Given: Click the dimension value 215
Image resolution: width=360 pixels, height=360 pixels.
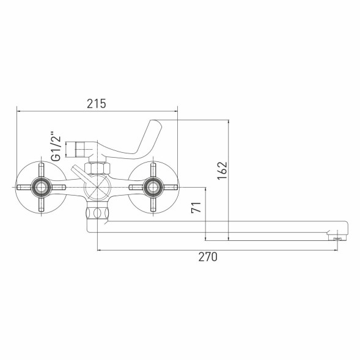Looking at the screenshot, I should click(96, 104).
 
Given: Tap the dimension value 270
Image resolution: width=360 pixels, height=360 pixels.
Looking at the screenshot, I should click(208, 257).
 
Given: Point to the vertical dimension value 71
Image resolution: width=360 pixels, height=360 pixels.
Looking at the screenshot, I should click(196, 207).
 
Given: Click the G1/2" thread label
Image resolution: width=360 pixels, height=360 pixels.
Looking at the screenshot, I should click(56, 147).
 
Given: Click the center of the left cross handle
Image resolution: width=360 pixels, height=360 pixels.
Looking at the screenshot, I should click(42, 187).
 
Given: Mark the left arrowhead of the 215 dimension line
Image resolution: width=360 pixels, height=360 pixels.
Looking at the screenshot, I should click(18, 111).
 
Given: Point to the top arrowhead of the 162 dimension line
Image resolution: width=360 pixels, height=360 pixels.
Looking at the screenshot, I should click(229, 122).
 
